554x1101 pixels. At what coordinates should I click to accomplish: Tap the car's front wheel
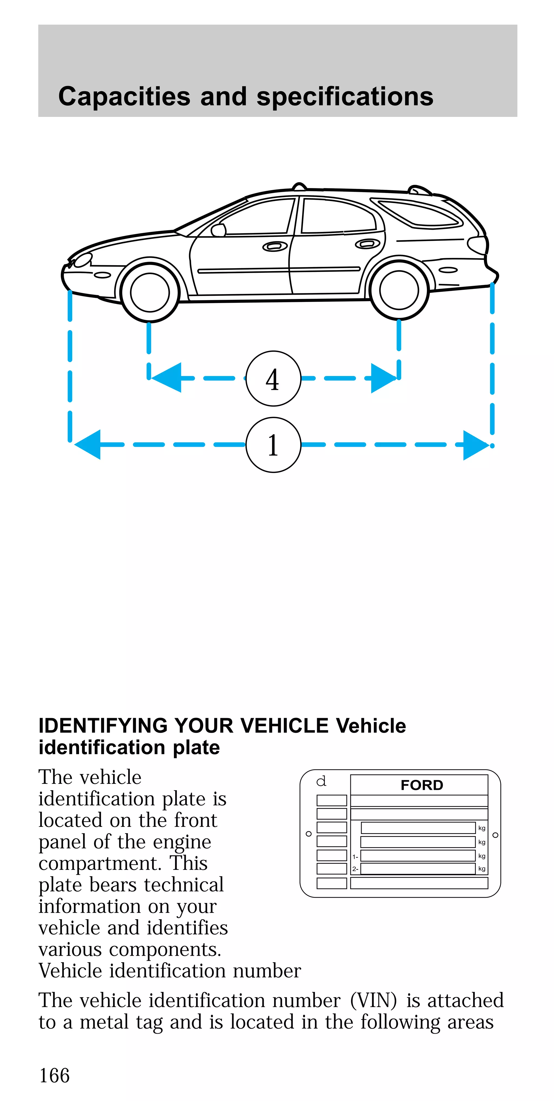[150, 292]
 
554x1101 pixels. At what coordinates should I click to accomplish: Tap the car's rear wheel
[398, 290]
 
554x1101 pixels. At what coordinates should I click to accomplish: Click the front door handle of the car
[275, 247]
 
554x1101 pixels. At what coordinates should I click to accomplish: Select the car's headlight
[83, 260]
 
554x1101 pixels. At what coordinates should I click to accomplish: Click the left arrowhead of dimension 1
[88, 445]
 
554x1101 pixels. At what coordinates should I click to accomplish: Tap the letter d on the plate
[321, 781]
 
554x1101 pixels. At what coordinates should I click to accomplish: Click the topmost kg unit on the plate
[482, 828]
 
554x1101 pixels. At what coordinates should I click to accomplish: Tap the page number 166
[54, 1075]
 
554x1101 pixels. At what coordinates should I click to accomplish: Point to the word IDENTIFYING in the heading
[103, 726]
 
